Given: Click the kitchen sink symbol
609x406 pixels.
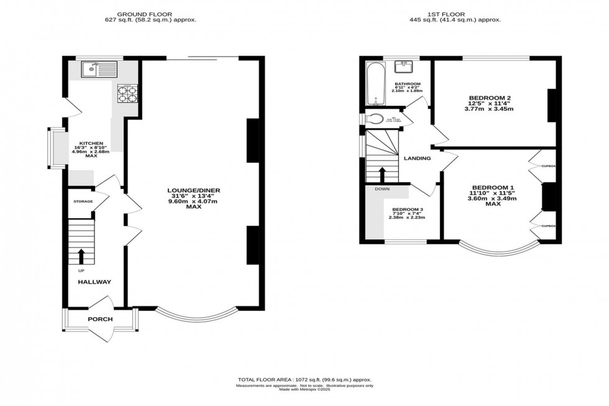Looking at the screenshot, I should click(98, 67).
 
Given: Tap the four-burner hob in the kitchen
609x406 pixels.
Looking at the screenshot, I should click(128, 93).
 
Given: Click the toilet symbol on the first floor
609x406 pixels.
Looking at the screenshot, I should click(375, 119).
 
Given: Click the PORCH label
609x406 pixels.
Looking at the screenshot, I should click(100, 319).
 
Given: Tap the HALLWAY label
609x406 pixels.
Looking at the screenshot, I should click(94, 282).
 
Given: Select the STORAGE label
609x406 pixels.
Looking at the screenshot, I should click(83, 201).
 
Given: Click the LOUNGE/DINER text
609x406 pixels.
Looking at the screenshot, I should click(194, 190).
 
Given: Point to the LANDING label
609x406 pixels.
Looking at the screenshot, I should click(417, 158).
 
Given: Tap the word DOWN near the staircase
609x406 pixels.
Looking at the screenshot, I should click(382, 188).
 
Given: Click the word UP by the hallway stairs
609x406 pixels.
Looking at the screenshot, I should click(81, 270).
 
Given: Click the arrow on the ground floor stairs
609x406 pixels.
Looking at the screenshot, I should click(81, 256).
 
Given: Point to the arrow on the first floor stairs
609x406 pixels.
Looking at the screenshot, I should click(382, 173).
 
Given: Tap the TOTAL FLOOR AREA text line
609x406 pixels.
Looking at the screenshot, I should click(304, 379).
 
